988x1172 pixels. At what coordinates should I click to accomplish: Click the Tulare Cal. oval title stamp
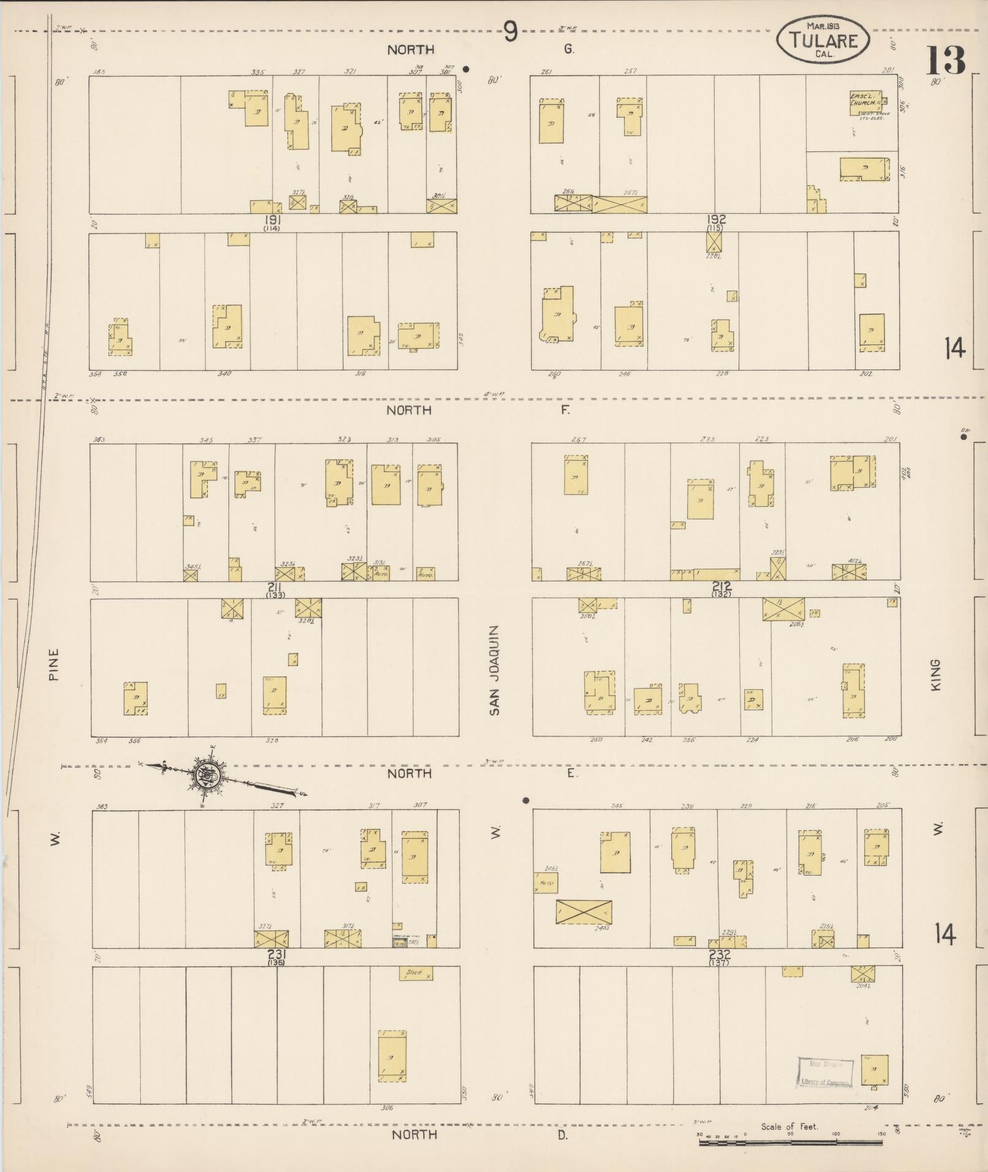[x=822, y=39]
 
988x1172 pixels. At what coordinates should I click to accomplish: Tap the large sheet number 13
[x=946, y=61]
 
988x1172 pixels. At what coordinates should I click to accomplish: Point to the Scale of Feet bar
[x=790, y=1143]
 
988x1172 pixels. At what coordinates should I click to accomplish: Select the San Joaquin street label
[x=495, y=670]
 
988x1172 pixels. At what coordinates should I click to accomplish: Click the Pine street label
[x=53, y=666]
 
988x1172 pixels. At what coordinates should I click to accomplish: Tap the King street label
[x=935, y=675]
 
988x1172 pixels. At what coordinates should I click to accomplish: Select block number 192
[x=715, y=219]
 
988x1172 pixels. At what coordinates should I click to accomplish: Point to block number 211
[x=274, y=587]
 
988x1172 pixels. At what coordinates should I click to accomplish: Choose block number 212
[x=722, y=586]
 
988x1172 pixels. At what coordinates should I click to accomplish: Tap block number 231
[x=277, y=954]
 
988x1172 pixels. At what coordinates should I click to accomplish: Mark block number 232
[x=719, y=954]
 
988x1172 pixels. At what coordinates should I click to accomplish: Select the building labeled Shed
[x=415, y=973]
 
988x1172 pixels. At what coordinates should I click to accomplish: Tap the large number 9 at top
[x=510, y=32]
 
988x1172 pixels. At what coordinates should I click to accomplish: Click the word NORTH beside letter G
[x=410, y=50]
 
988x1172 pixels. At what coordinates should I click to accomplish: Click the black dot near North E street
[x=525, y=800]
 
